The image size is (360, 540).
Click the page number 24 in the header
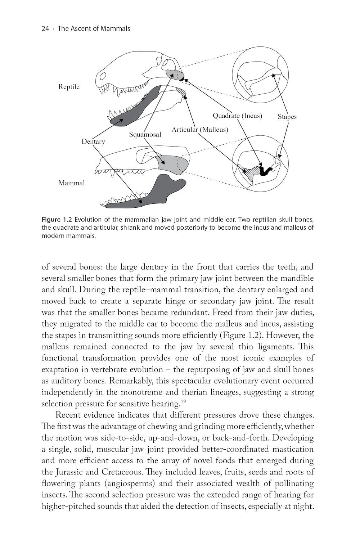pyautogui.click(x=45, y=28)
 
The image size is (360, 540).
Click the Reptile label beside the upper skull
pyautogui.click(x=69, y=87)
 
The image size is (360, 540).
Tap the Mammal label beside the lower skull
pyautogui.click(x=71, y=183)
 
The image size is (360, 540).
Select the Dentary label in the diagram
pyautogui.click(x=93, y=141)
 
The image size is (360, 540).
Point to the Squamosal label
pyautogui.click(x=145, y=135)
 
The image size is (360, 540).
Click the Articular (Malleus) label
pyautogui.click(x=200, y=130)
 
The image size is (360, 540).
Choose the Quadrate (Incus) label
pyautogui.click(x=237, y=116)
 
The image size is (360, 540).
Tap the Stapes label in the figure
pyautogui.click(x=287, y=117)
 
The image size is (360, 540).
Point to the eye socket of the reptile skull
pyautogui.click(x=103, y=76)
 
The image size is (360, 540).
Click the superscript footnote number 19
pyautogui.click(x=184, y=401)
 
